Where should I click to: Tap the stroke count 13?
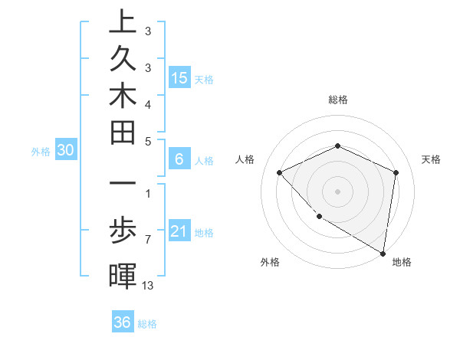point(148,285)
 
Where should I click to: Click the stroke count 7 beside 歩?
point(147,240)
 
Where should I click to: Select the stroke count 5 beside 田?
point(147,141)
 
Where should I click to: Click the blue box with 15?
point(179,77)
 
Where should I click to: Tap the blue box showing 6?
point(179,159)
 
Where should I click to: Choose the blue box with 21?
point(179,231)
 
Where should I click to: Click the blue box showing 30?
point(65,151)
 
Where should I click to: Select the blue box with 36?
point(122,322)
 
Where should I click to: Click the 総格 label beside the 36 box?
point(147,324)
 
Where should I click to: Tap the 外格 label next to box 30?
point(41,152)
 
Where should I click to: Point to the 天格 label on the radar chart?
point(431,159)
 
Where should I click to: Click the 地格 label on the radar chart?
point(402,262)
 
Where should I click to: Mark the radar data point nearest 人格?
point(280,172)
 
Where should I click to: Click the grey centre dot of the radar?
point(337,191)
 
